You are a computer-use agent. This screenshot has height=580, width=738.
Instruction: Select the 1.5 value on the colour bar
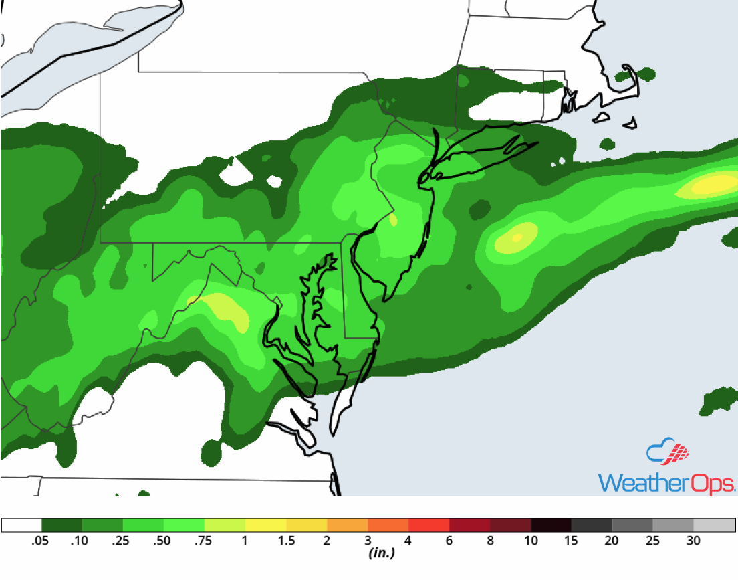click(286, 541)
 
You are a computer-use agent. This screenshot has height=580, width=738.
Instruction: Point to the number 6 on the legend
click(449, 541)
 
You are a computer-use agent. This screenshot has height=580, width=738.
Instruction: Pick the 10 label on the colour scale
click(531, 541)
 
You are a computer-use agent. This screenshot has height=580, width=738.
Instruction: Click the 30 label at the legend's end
click(693, 541)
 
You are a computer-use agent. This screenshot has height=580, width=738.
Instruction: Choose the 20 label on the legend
click(612, 541)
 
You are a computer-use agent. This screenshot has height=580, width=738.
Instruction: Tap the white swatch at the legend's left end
click(21, 525)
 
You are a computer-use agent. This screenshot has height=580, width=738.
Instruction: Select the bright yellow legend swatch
click(265, 525)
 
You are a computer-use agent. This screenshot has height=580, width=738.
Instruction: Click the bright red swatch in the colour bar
click(428, 525)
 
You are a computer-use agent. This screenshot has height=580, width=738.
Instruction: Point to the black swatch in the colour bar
click(551, 525)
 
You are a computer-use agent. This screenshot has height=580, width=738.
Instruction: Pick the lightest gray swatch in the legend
click(714, 525)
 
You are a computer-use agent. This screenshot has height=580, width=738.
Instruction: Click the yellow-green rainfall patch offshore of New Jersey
click(515, 237)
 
